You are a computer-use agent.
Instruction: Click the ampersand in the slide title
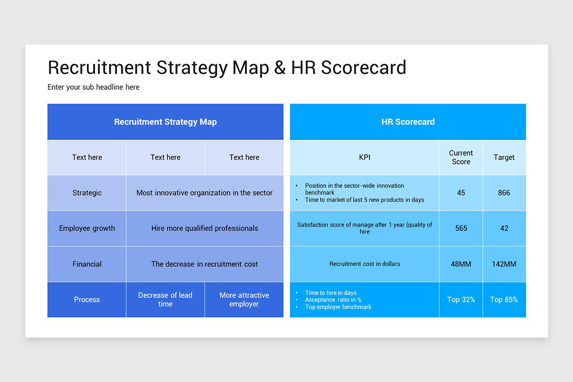[280, 68]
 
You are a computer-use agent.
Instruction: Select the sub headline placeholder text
[94, 87]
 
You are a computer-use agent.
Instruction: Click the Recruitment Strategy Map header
[165, 122]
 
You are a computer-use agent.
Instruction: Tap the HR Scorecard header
[408, 122]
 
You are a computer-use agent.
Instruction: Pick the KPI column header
[364, 157]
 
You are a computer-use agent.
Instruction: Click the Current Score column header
[461, 157]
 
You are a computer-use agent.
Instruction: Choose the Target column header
[504, 157]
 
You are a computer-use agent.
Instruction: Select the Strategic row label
[87, 193]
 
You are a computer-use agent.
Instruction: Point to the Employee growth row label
[87, 228]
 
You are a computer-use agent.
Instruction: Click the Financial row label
[87, 264]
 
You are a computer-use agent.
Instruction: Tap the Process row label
[87, 300]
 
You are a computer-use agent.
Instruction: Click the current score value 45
[461, 193]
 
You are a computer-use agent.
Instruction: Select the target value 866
[504, 193]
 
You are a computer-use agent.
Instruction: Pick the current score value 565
[461, 228]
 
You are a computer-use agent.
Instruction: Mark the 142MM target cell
[504, 264]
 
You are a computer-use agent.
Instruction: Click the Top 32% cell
[461, 300]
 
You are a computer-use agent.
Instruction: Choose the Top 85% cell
[504, 300]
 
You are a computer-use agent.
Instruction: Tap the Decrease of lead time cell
[165, 299]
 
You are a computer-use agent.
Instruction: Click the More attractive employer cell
[244, 299]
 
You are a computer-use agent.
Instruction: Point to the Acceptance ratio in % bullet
[333, 300]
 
